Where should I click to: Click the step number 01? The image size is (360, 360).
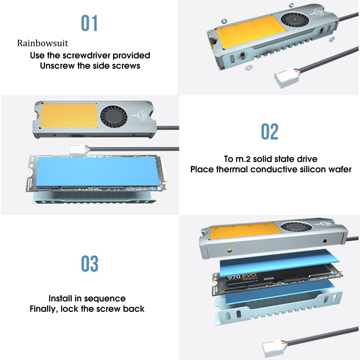pos(89,23)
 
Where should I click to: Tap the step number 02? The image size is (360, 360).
pos(270,131)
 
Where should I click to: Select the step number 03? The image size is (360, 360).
pos(90,264)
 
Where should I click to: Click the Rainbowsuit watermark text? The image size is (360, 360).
pos(43,43)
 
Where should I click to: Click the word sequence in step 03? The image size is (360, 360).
pos(105,299)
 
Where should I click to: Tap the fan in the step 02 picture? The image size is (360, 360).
pos(114,117)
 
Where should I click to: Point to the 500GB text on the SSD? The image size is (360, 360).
pos(269,278)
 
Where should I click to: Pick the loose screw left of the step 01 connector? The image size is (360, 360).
pos(249,67)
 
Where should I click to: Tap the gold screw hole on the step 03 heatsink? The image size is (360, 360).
pos(229,250)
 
